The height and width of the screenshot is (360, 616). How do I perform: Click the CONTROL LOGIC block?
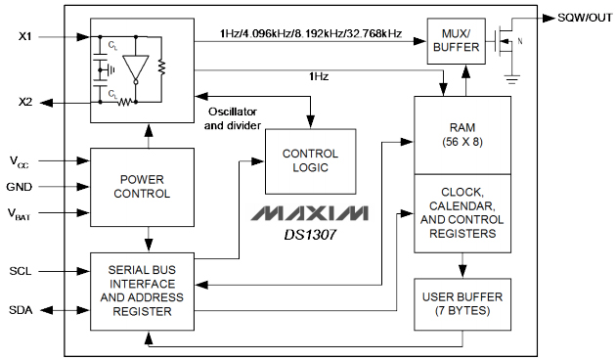click(310, 160)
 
